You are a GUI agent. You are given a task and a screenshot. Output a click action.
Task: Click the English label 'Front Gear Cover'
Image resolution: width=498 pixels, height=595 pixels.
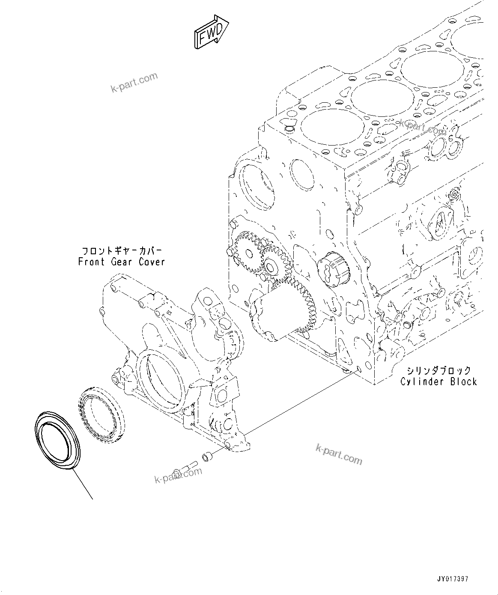point(122,262)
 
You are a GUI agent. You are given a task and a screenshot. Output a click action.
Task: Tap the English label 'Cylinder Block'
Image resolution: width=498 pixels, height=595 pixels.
point(438,381)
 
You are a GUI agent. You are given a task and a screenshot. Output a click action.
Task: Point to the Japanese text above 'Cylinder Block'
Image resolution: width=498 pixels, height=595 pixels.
point(438,370)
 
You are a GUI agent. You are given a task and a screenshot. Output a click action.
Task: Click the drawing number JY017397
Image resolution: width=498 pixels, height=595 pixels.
point(453,579)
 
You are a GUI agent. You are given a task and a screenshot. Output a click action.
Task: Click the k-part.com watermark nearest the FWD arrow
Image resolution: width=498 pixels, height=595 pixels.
point(134,82)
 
